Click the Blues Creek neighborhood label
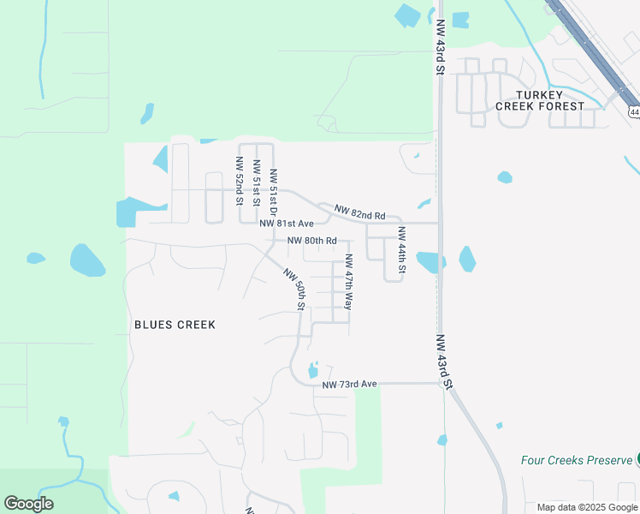(x=175, y=325)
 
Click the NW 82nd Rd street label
(x=360, y=212)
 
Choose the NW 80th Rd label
(x=311, y=241)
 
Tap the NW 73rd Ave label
(x=349, y=384)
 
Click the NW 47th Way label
(x=348, y=282)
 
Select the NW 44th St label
(x=400, y=251)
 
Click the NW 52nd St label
(x=239, y=181)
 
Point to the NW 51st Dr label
(x=273, y=192)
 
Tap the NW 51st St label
(x=256, y=182)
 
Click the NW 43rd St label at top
(x=441, y=48)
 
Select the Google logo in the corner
(x=28, y=503)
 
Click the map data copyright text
(x=587, y=507)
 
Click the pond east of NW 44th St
(x=467, y=259)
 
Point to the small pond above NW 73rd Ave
(x=312, y=370)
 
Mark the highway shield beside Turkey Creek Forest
(x=634, y=112)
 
